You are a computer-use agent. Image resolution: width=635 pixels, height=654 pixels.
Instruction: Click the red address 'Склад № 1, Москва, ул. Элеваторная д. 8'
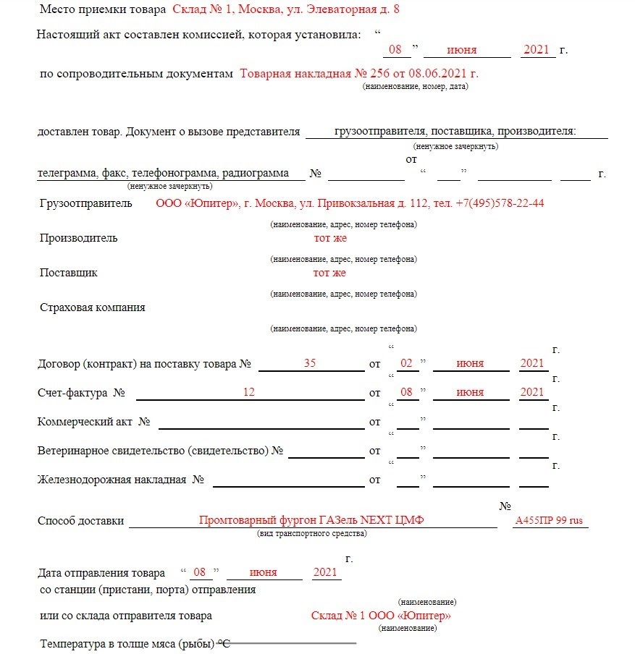click(285, 9)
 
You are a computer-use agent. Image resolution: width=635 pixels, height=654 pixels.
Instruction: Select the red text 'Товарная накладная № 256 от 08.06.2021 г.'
click(359, 73)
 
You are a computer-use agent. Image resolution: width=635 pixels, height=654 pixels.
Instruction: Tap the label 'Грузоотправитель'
click(85, 203)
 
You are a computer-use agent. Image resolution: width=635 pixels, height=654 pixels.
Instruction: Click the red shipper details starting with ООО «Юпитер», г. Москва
click(350, 203)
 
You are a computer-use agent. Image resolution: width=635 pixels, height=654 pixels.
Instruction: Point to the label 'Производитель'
click(78, 238)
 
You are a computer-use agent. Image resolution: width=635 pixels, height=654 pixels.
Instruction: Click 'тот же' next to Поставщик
click(329, 273)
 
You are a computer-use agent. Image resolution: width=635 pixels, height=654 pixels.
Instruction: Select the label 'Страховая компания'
click(92, 307)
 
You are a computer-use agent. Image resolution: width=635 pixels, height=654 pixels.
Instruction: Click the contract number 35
click(310, 363)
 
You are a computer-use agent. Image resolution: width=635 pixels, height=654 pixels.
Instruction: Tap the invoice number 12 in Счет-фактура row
click(249, 392)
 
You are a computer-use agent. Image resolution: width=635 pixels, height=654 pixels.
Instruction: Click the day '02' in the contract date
click(407, 363)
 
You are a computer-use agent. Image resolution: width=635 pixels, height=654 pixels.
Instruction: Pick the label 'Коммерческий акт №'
click(93, 422)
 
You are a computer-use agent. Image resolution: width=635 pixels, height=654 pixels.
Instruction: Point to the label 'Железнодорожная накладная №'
click(120, 480)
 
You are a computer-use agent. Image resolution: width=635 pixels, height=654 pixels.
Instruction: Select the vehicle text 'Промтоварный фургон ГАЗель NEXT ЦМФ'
click(311, 521)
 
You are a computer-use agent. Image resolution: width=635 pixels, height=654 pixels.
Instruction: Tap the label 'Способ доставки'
click(80, 521)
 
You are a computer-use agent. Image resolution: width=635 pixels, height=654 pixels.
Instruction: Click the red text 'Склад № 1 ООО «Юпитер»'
click(381, 616)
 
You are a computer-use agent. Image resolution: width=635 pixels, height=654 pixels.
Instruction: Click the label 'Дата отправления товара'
click(101, 573)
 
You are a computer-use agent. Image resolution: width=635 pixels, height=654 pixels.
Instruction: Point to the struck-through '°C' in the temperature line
click(224, 644)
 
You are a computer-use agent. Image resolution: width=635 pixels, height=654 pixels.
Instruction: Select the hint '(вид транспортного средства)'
click(311, 534)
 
